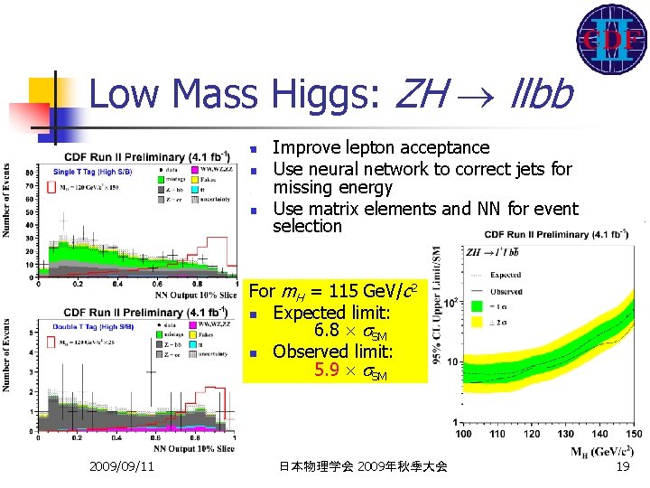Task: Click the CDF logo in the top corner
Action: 611,40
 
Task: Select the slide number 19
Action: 621,466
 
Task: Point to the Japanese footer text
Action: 363,466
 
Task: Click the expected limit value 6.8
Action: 328,332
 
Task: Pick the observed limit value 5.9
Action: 329,370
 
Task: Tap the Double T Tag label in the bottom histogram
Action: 78,325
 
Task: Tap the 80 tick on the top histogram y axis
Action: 31,171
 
